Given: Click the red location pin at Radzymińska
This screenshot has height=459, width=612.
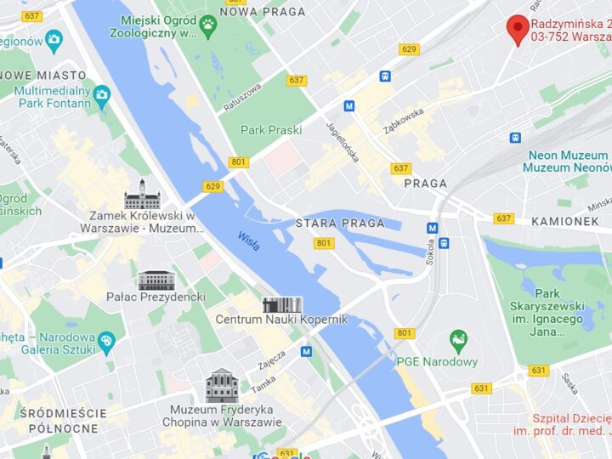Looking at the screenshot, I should click(x=518, y=28).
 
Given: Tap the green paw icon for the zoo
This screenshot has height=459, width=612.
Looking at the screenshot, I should click(x=207, y=25).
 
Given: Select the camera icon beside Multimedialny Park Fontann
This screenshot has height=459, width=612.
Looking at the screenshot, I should click(x=102, y=94).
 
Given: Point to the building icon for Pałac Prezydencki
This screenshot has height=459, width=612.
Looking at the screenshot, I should click(x=156, y=280).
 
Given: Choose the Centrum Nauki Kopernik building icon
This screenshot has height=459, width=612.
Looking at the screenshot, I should click(x=281, y=304).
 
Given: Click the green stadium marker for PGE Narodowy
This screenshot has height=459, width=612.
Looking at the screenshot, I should click(x=459, y=342).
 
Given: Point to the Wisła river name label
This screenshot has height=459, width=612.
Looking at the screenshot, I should click(x=249, y=241).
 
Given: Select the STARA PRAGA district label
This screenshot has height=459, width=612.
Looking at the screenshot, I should click(x=340, y=224).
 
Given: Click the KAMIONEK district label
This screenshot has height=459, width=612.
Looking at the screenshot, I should click(x=565, y=221).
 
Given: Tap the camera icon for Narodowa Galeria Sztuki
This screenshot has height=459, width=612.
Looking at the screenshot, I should click(x=105, y=343).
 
